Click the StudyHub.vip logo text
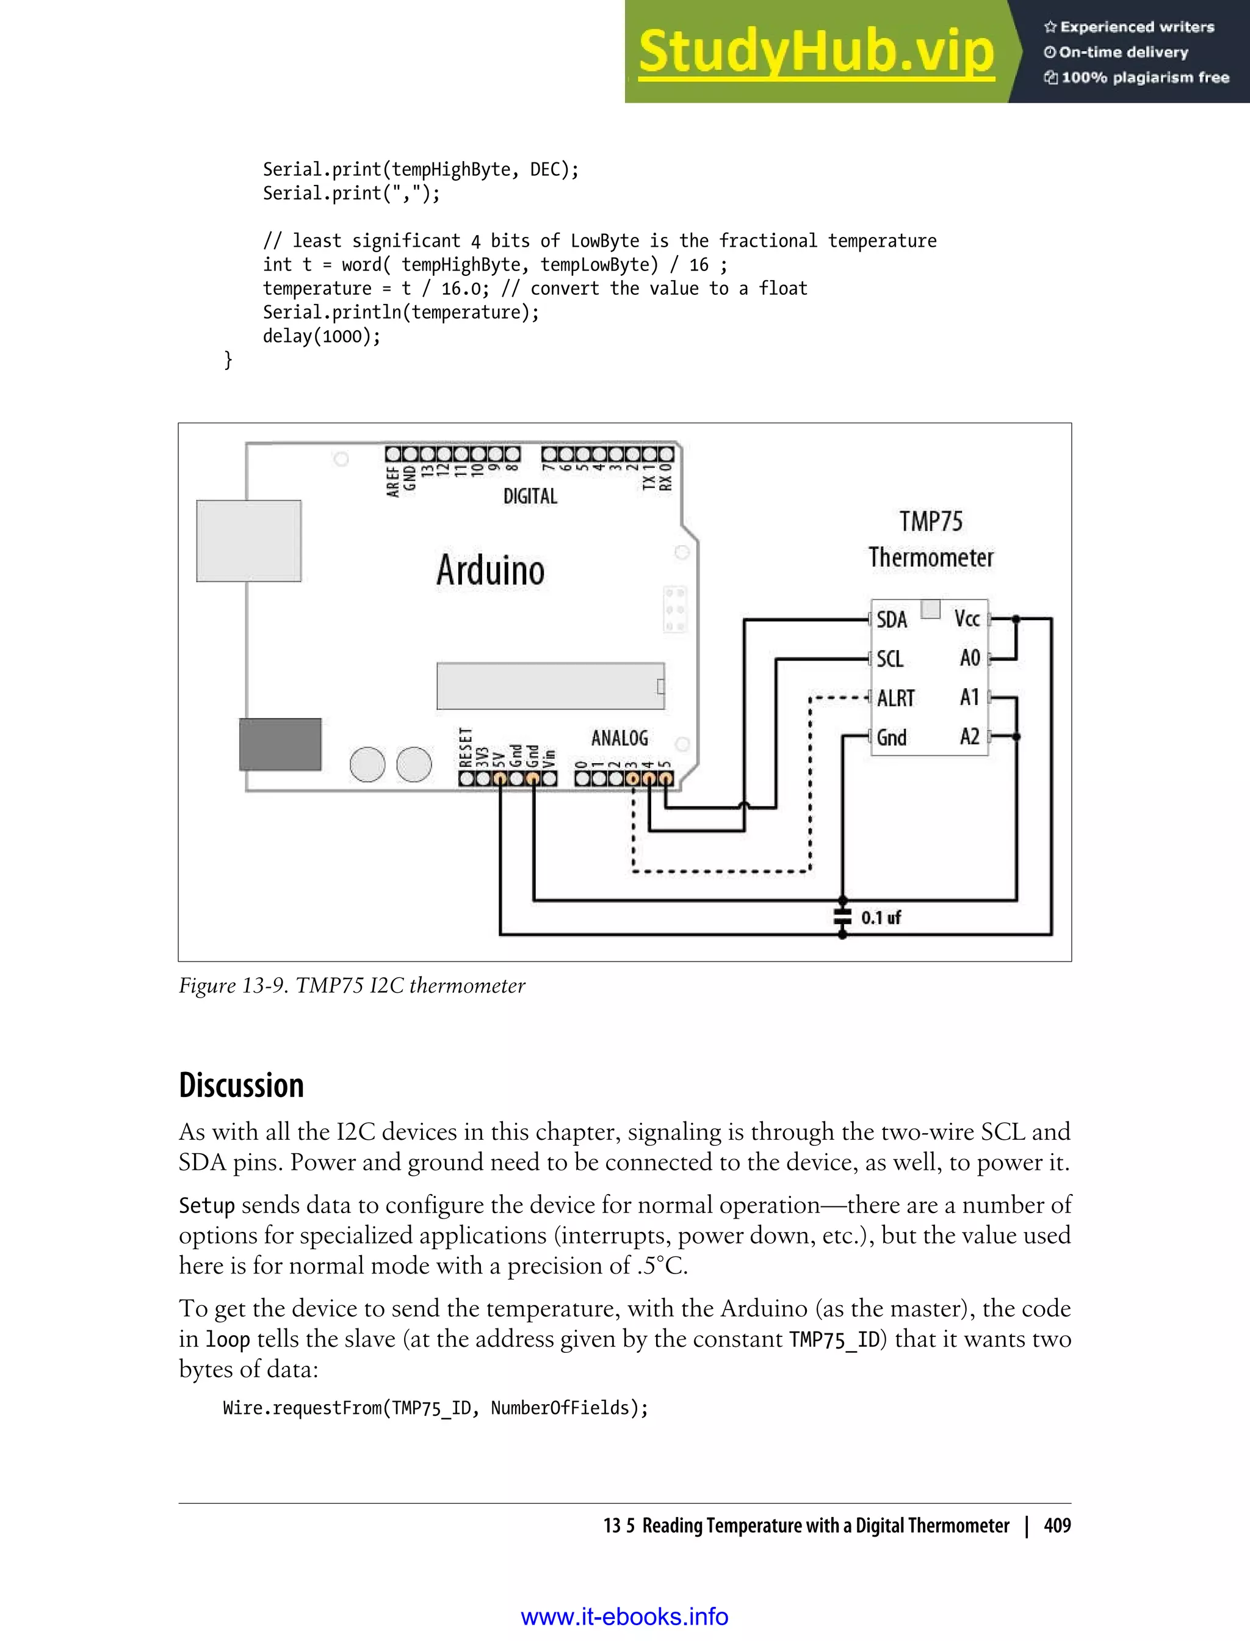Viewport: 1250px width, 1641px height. pyautogui.click(x=816, y=52)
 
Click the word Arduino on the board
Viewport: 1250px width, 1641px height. pyautogui.click(x=490, y=570)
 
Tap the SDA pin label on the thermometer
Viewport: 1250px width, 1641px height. pyautogui.click(x=891, y=619)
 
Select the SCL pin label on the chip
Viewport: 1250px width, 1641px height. pyautogui.click(x=890, y=659)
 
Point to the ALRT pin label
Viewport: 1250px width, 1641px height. pyautogui.click(x=895, y=698)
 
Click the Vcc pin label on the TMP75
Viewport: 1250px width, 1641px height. pyautogui.click(x=967, y=618)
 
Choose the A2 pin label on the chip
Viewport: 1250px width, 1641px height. pyautogui.click(x=969, y=737)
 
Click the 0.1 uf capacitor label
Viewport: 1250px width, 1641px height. pyautogui.click(x=881, y=918)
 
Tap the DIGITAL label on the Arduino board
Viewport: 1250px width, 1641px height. pyautogui.click(x=530, y=496)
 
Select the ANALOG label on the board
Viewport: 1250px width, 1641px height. pyautogui.click(x=619, y=738)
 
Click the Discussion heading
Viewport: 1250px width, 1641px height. pyautogui.click(x=241, y=1086)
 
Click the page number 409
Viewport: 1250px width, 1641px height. pyautogui.click(x=1057, y=1526)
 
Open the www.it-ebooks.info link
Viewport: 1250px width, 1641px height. pyautogui.click(x=624, y=1617)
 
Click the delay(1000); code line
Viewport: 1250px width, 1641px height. pyautogui.click(x=322, y=336)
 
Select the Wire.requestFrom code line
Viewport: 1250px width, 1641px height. pyautogui.click(x=435, y=1407)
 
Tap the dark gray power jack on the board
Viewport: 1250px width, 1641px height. pyautogui.click(x=280, y=744)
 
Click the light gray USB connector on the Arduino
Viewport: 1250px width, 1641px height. pyautogui.click(x=248, y=540)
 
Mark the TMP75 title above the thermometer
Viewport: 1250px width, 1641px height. pyautogui.click(x=930, y=522)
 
